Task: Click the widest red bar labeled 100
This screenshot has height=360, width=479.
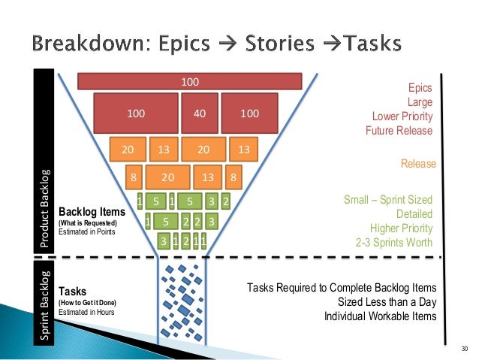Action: [x=189, y=80]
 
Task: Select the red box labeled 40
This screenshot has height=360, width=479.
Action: [x=200, y=113]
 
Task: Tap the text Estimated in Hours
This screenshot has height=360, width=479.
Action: [x=86, y=311]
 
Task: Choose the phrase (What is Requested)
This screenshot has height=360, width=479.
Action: [x=88, y=223]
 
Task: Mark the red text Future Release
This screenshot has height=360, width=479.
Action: [x=399, y=131]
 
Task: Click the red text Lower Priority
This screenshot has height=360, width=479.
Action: [x=402, y=116]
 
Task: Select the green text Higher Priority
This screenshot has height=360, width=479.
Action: [x=401, y=228]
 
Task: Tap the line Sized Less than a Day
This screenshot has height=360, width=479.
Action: [x=387, y=302]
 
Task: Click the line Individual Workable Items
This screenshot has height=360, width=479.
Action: [x=379, y=316]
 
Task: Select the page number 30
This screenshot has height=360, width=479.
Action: [x=462, y=348]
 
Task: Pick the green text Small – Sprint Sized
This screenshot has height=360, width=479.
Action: [x=387, y=200]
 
